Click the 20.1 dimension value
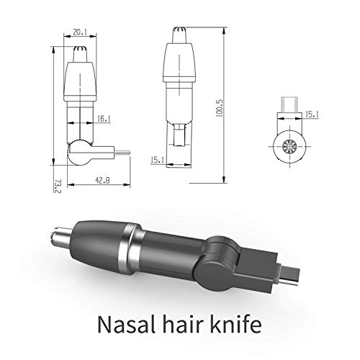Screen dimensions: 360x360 (x=80, y=32)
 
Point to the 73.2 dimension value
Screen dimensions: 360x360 (x=58, y=186)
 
